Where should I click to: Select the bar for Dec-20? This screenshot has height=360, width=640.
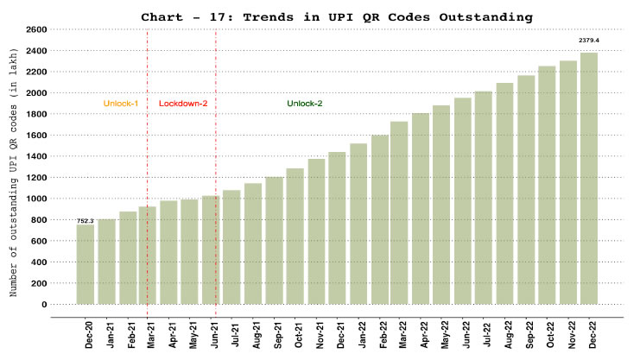pos(86,264)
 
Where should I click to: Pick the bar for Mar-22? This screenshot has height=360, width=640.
pos(400,212)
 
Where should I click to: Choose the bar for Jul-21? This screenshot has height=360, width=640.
pos(231,247)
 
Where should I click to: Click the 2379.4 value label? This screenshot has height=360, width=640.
pos(590,41)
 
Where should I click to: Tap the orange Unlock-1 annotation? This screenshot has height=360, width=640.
pos(121,104)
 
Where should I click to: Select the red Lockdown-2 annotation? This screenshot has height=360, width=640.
pos(182,104)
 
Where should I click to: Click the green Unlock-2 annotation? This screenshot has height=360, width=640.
pos(305,104)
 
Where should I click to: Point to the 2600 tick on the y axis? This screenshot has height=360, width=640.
pos(35,29)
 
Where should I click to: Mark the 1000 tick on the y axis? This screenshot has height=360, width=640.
pos(35,199)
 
